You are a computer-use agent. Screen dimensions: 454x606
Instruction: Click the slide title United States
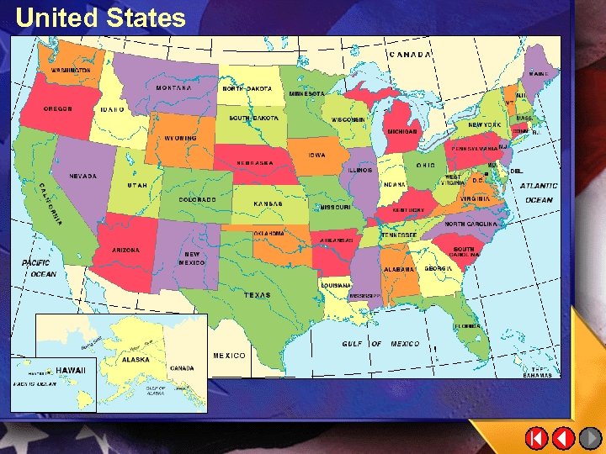[100, 18]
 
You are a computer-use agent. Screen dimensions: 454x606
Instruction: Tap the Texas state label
[258, 295]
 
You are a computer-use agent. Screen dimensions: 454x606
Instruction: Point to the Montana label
[173, 87]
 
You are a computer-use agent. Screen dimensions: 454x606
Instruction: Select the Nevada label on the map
[82, 177]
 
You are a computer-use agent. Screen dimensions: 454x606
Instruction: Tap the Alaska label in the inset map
[136, 359]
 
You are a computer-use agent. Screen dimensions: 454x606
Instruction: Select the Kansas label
[268, 204]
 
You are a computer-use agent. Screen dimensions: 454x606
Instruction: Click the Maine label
[539, 74]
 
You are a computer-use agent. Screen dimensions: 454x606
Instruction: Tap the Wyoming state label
[181, 138]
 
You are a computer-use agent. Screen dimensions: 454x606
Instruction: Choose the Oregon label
[58, 109]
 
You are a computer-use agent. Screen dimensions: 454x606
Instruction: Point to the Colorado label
[198, 199]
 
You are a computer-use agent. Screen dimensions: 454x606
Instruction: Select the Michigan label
[402, 131]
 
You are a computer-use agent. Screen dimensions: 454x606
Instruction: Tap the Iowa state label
[316, 156]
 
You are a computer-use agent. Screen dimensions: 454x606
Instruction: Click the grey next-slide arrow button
[591, 438]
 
